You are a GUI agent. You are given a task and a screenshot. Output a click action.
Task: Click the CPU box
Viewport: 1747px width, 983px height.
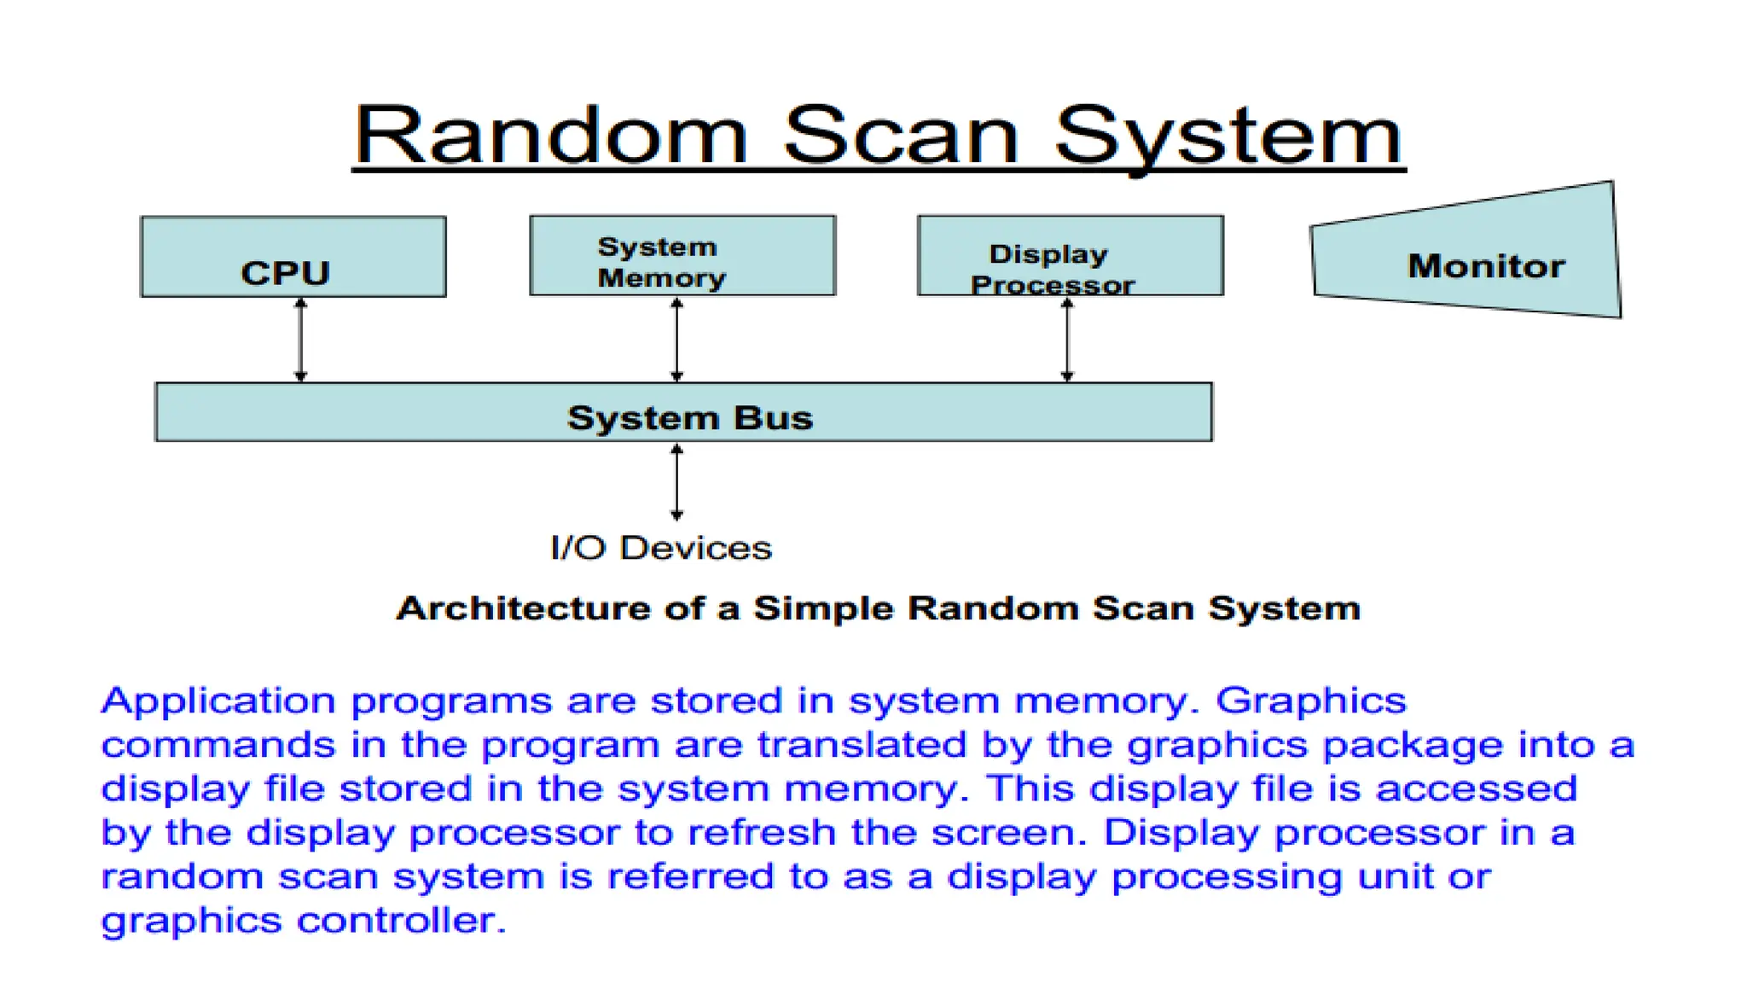[x=293, y=257]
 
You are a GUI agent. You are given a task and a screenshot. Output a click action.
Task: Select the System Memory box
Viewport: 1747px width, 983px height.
[x=682, y=256]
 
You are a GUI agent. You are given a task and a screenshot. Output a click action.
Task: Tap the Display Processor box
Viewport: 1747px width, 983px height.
[x=1071, y=256]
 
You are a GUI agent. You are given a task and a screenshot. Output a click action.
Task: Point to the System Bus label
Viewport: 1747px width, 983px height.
[x=690, y=418]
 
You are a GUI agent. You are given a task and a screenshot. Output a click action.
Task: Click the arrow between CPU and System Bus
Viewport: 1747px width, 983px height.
[x=300, y=340]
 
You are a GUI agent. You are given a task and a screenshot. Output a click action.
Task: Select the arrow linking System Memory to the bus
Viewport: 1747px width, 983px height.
[x=676, y=340]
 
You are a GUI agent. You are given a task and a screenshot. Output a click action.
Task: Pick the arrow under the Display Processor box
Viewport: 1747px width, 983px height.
[x=1067, y=340]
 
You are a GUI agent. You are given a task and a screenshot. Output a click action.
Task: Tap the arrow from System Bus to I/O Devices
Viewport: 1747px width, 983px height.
[x=676, y=482]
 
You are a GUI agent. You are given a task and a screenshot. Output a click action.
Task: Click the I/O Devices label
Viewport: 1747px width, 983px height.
[x=661, y=548]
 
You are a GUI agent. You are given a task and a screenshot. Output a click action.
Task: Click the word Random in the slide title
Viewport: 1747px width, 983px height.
[x=550, y=137]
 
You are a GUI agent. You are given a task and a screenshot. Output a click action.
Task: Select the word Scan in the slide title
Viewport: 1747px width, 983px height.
[x=901, y=137]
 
